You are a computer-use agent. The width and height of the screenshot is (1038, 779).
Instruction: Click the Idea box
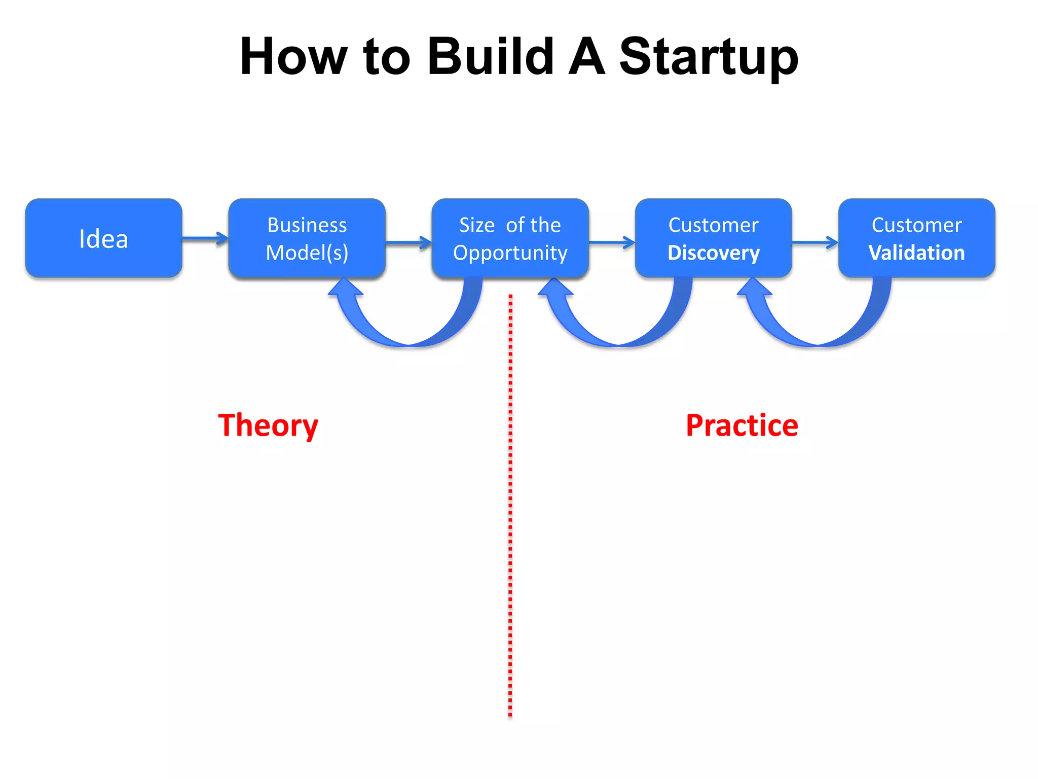point(103,238)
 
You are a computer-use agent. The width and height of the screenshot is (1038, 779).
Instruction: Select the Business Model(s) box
point(307,238)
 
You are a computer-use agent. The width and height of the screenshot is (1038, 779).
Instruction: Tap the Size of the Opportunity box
point(510,238)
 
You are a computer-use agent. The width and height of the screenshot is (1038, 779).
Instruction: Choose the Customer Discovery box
point(713,238)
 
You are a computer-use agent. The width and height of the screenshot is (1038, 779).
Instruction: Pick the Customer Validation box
point(916,238)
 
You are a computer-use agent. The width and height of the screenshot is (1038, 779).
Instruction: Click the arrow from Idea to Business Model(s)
point(205,238)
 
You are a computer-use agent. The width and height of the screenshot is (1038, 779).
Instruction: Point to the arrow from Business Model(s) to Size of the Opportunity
point(408,243)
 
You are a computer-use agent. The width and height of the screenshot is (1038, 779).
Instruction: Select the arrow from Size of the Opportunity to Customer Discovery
point(611,243)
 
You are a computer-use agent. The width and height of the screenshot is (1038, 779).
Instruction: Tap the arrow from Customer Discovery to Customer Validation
point(814,243)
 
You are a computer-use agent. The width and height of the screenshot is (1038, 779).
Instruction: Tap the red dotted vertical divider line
point(510,507)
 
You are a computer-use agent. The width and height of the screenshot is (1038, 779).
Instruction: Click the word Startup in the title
point(708,57)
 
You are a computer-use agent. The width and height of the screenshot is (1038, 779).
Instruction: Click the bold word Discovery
point(714,253)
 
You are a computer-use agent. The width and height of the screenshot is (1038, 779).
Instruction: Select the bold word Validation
point(916,253)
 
